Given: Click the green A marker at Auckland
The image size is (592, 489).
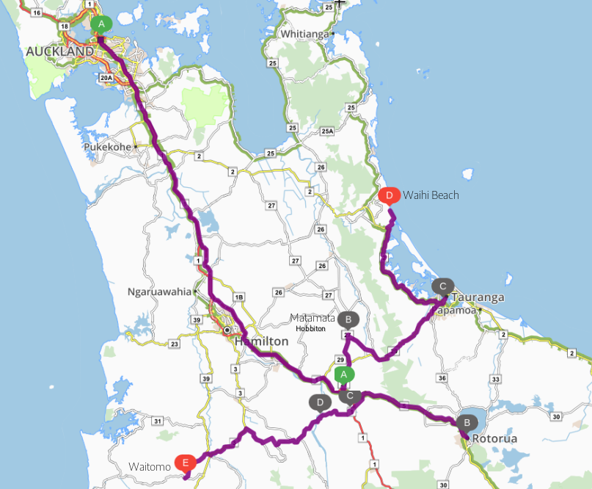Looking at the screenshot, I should [x=101, y=24].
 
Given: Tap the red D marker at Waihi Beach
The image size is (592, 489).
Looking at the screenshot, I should [x=390, y=195].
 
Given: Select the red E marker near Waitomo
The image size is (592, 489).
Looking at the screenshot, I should [x=185, y=463].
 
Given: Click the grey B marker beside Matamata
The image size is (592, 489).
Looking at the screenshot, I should [x=348, y=319].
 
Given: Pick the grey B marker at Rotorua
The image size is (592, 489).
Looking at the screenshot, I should [x=466, y=423].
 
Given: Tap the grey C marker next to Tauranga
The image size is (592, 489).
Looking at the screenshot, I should [x=442, y=286].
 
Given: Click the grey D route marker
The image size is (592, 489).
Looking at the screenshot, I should [x=319, y=402].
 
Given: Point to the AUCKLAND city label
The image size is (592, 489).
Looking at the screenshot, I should [x=59, y=51].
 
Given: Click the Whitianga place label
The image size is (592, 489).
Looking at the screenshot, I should [x=305, y=34].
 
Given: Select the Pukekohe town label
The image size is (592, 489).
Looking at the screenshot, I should [x=107, y=147].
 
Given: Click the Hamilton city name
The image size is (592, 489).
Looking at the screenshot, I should [x=262, y=341].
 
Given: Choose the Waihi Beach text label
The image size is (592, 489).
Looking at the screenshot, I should [x=431, y=195].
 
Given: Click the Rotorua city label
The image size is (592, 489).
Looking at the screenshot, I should [x=495, y=438].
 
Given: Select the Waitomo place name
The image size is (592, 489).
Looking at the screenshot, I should [x=150, y=466].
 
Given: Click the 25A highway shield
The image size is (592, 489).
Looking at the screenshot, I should [x=327, y=131].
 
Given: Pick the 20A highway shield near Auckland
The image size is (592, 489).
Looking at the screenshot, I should [x=106, y=78].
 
